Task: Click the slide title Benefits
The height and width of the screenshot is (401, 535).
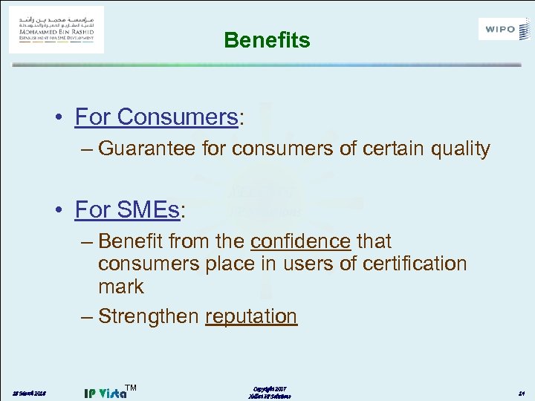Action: pyautogui.click(x=267, y=40)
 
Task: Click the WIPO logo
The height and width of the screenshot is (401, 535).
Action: pyautogui.click(x=505, y=30)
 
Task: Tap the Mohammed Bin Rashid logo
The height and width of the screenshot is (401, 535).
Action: pyautogui.click(x=56, y=30)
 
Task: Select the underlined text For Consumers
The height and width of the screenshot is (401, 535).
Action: pyautogui.click(x=155, y=117)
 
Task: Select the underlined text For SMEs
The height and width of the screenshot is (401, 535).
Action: pyautogui.click(x=127, y=210)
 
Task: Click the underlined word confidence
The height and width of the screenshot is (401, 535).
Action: pyautogui.click(x=300, y=241)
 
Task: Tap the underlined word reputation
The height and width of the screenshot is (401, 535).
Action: pyautogui.click(x=251, y=316)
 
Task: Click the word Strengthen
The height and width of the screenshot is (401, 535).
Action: pyautogui.click(x=149, y=316)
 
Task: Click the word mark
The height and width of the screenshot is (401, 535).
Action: pyautogui.click(x=120, y=287)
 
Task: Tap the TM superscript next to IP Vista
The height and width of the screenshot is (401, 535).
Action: pyautogui.click(x=132, y=386)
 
